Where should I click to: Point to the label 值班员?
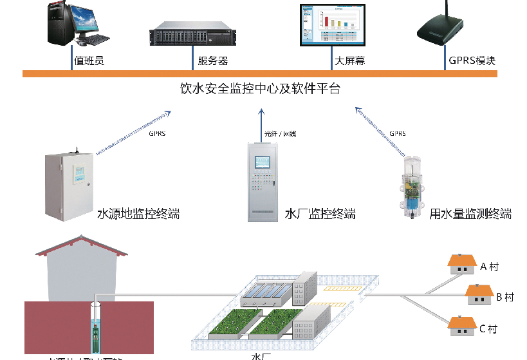(x=89, y=61)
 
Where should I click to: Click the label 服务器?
(x=212, y=61)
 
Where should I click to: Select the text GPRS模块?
(x=472, y=61)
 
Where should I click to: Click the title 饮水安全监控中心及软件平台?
(x=259, y=89)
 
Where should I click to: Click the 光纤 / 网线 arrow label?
(x=283, y=133)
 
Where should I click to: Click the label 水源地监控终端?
(x=137, y=214)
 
